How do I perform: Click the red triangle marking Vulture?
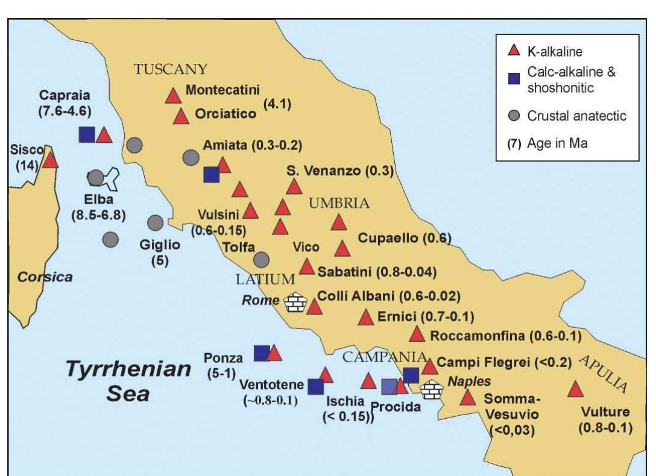[576, 390]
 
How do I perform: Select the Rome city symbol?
[295, 301]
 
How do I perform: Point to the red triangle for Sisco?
[50, 160]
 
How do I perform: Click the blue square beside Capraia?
[87, 134]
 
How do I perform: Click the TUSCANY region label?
[171, 68]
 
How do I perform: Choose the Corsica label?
[45, 277]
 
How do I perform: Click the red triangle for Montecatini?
[173, 95]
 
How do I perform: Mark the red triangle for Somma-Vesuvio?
[467, 398]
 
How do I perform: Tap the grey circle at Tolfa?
[261, 259]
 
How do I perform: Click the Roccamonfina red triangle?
[417, 334]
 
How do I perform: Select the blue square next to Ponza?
[262, 353]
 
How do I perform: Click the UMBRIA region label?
[339, 203]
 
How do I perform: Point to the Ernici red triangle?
[365, 318]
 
